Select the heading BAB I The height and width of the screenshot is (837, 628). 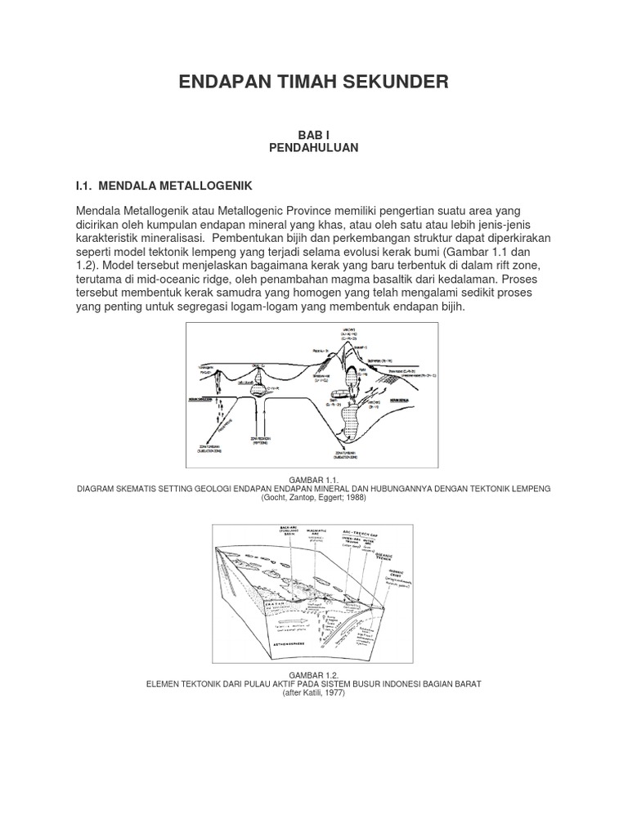click(313, 134)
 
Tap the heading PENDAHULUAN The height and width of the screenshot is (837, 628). click(313, 147)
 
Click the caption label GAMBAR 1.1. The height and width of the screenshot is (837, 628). click(314, 478)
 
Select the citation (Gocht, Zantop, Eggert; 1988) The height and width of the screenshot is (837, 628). click(314, 497)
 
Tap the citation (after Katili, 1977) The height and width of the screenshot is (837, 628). click(314, 692)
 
